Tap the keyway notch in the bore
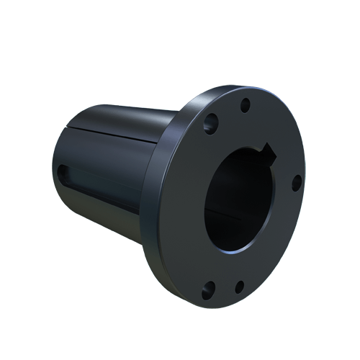[x=269, y=152]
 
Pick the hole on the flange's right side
[x=295, y=184]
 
